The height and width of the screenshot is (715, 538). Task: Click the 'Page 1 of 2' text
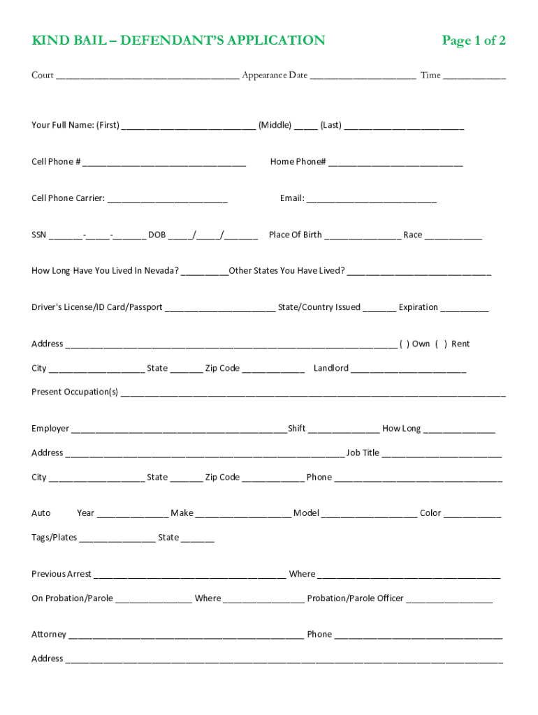473,40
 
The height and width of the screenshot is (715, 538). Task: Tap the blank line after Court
147,77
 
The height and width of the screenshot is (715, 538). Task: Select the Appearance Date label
275,75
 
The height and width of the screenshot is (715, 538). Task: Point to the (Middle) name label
275,126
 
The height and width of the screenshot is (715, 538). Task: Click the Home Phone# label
298,162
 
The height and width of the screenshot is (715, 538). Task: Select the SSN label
39,235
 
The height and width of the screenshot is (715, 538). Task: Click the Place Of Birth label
295,235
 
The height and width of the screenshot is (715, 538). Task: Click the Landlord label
331,369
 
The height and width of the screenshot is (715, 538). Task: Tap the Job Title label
363,453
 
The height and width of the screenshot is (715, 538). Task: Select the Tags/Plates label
54,538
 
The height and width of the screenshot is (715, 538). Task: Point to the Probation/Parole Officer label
355,599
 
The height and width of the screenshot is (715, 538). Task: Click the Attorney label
49,635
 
